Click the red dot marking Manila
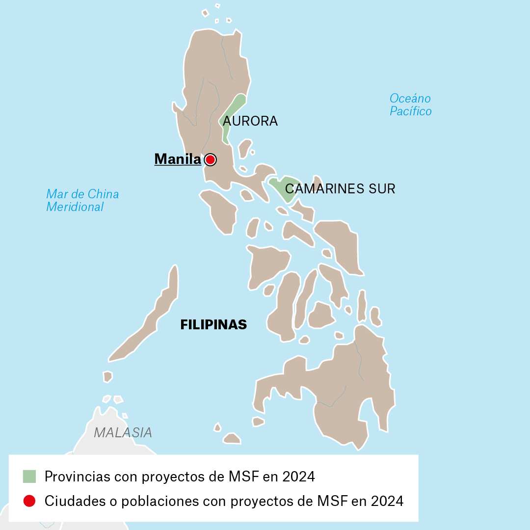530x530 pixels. click(210, 159)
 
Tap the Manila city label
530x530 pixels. click(178, 159)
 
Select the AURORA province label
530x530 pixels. click(250, 121)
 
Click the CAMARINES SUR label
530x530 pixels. click(340, 189)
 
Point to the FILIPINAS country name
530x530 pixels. click(213, 325)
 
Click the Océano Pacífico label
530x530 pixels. click(410, 105)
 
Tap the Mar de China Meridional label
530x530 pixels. click(82, 200)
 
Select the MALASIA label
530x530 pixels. click(123, 432)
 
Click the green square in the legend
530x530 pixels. click(29, 476)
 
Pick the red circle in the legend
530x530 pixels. click(29, 501)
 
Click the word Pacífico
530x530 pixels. click(411, 111)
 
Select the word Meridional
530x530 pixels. click(75, 207)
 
